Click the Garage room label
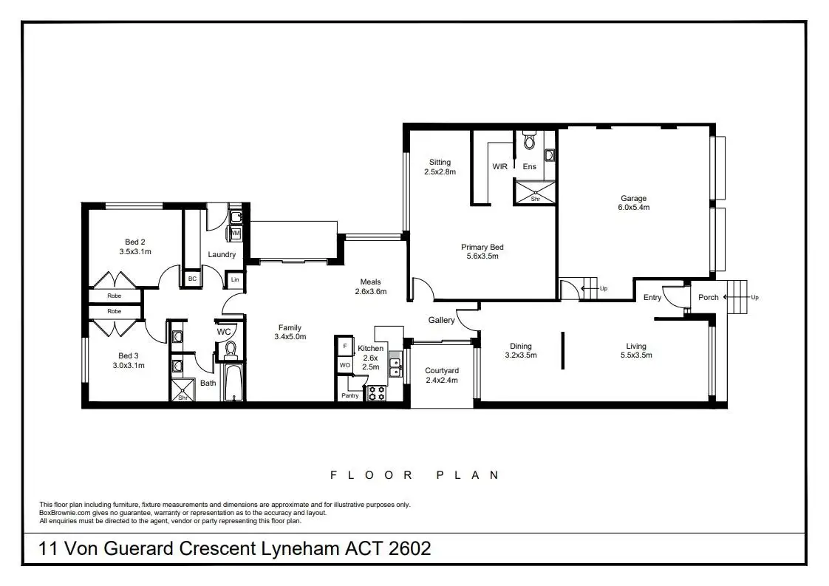click(633, 198)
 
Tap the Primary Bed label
click(482, 248)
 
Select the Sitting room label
click(440, 163)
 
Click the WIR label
click(500, 167)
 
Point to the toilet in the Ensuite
click(528, 141)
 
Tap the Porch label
click(708, 297)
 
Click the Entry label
click(652, 298)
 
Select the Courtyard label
click(442, 371)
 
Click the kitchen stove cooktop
click(377, 393)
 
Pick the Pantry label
click(350, 395)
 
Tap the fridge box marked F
click(345, 346)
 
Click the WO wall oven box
click(345, 365)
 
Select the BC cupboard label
click(192, 279)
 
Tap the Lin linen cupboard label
click(235, 280)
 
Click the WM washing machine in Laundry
click(236, 234)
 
